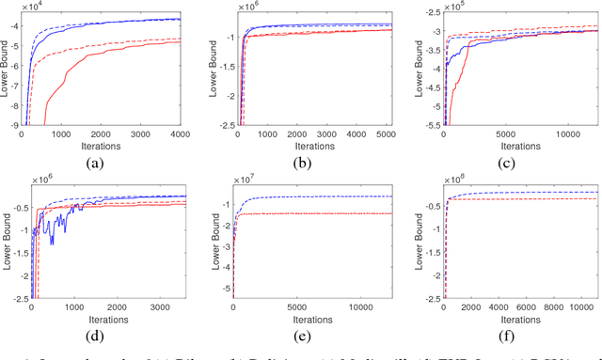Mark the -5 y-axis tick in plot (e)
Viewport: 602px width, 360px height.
pyautogui.click(x=224, y=297)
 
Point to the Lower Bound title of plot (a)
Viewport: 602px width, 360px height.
pyautogui.click(x=7, y=69)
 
